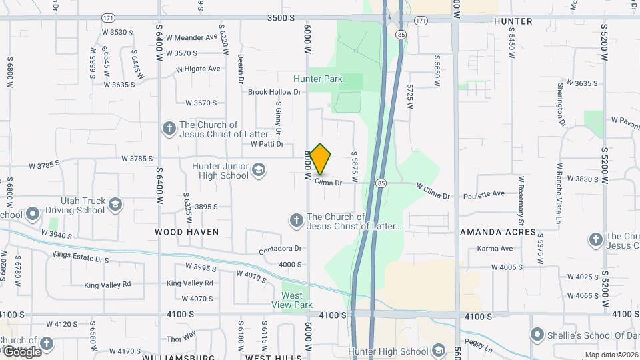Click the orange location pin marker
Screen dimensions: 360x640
tap(321, 159)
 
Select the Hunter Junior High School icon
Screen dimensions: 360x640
tap(259, 171)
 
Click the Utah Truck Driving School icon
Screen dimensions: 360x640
tap(115, 205)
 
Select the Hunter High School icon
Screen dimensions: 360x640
tap(438, 351)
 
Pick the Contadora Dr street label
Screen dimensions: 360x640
tap(280, 249)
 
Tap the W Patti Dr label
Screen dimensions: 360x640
tap(267, 143)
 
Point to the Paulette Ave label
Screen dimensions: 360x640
tap(484, 193)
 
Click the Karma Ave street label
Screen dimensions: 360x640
tap(495, 249)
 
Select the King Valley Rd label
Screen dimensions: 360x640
tap(107, 285)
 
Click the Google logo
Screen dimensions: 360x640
tap(21, 351)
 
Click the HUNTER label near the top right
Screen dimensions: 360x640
tap(513, 21)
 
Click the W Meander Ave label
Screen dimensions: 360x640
tap(192, 37)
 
